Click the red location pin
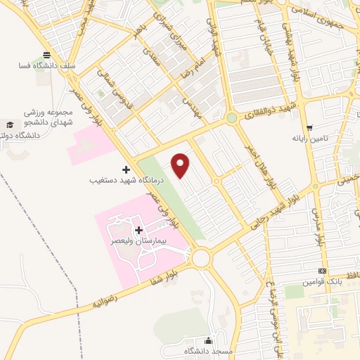[x=181, y=165]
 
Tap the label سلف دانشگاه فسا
[x=47, y=67]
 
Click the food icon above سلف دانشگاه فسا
[x=47, y=55]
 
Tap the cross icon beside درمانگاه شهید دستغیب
[x=127, y=169]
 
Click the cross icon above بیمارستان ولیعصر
[x=139, y=229]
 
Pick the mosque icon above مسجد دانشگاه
[x=207, y=340]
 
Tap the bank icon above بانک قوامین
[x=322, y=271]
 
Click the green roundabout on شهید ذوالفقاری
[x=231, y=119]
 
